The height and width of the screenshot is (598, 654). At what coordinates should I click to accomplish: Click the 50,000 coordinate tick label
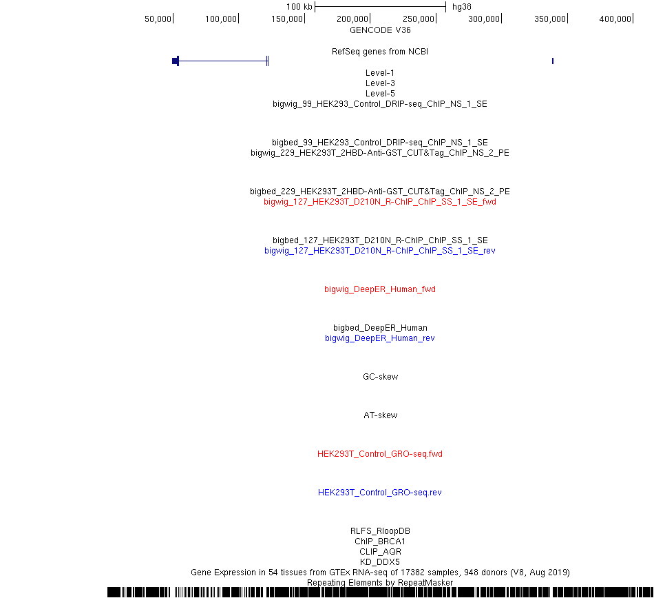point(158,19)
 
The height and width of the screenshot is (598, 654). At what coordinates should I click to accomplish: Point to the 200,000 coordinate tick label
point(352,19)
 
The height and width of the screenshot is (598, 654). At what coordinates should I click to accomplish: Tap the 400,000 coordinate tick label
point(615,19)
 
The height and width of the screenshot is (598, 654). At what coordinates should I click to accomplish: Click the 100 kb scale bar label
point(299,7)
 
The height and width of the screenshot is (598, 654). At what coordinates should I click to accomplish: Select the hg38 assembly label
point(462,7)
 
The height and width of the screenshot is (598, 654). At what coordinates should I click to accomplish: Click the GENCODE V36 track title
point(380,30)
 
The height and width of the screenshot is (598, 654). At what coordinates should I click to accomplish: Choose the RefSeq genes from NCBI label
point(380,52)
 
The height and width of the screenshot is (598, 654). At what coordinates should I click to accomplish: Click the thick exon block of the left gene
point(176,61)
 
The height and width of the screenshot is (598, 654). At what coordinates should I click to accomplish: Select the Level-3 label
point(380,83)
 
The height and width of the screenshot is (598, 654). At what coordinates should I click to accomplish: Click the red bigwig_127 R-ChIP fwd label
point(380,202)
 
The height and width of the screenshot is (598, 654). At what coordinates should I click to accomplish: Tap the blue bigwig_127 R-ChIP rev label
point(380,251)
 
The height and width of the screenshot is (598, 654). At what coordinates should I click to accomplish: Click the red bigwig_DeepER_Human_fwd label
point(380,289)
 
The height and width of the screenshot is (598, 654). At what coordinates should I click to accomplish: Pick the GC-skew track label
point(381,377)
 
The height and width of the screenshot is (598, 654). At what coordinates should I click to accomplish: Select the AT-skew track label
point(381,415)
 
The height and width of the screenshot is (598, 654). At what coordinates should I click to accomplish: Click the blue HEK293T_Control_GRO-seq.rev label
point(380,493)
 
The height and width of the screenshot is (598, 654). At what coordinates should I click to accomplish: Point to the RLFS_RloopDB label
point(380,531)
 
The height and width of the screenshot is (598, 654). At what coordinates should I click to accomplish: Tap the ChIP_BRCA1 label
point(380,542)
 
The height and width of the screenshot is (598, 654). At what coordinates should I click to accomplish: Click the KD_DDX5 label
point(380,562)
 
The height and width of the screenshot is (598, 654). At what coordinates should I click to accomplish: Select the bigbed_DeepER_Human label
point(380,328)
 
